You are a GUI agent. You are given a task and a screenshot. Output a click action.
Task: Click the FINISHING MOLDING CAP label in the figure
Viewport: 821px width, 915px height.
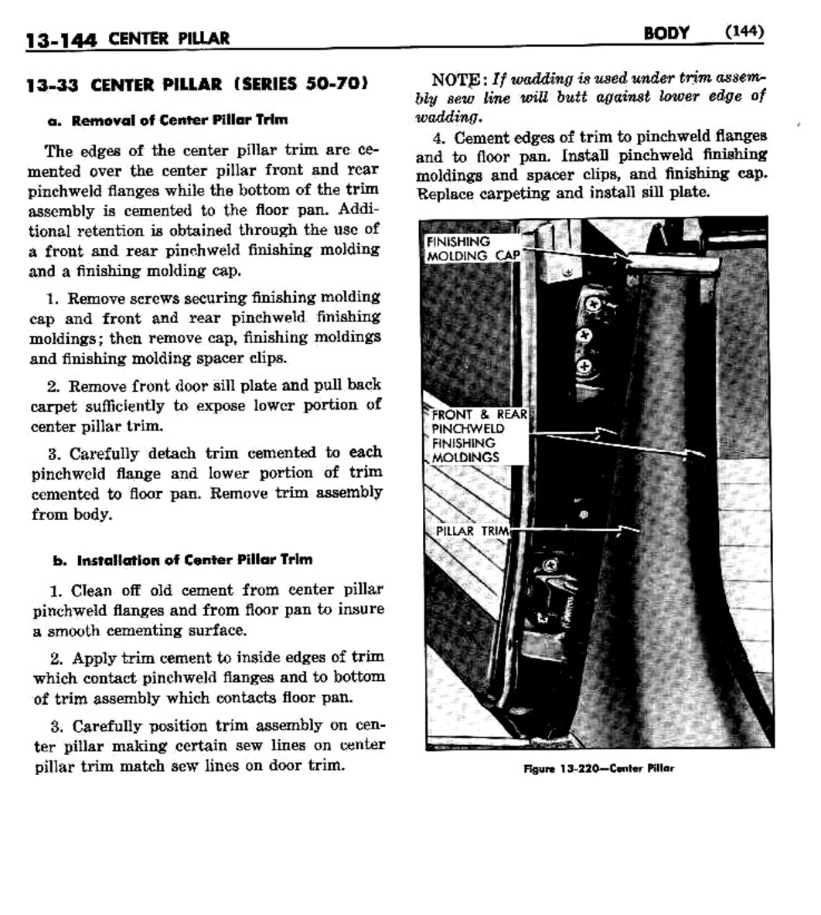coord(472,249)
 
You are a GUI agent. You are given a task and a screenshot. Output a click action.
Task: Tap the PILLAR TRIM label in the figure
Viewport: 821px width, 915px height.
coord(471,532)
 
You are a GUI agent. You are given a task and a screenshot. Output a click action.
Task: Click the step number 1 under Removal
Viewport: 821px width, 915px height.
coord(53,298)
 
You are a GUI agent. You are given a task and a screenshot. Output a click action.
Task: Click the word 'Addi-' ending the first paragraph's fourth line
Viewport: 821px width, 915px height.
coord(359,210)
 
